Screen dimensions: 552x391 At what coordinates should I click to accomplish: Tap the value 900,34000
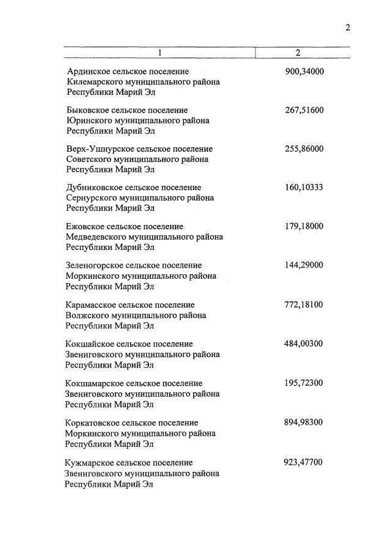304,72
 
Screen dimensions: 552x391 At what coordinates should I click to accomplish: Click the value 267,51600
304,110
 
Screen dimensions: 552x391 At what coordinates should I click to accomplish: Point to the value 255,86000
304,149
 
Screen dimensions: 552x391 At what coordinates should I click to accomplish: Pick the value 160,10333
304,187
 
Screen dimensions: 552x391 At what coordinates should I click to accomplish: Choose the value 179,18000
304,226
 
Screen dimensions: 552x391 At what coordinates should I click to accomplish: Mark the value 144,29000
304,265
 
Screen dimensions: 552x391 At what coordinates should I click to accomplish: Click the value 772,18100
304,304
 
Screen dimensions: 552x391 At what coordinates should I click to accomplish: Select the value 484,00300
304,344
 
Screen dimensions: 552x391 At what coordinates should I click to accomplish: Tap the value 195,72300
304,383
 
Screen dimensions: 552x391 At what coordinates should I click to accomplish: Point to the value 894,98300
304,422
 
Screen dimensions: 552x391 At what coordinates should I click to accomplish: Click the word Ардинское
88,72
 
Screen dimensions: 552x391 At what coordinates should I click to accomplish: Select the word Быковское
87,111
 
